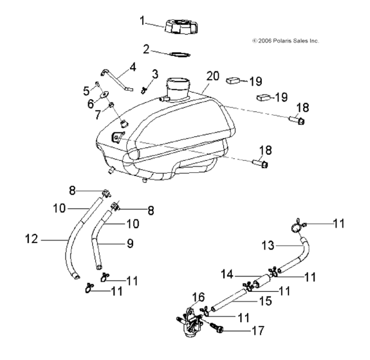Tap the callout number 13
tap(269, 247)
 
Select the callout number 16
tap(198, 296)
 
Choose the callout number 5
tap(88, 89)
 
